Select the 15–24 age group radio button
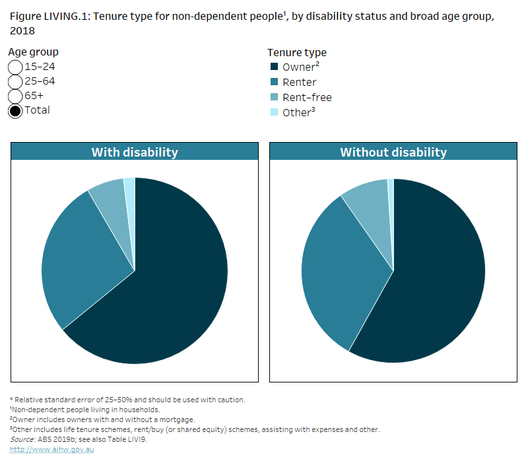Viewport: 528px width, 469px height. pyautogui.click(x=15, y=67)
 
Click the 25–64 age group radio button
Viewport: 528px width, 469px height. pyautogui.click(x=15, y=81)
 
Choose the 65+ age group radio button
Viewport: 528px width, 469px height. pyautogui.click(x=15, y=96)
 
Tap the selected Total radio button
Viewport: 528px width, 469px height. pyautogui.click(x=15, y=110)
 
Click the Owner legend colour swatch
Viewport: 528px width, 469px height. pyautogui.click(x=274, y=67)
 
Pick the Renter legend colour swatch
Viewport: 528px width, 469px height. pyautogui.click(x=274, y=82)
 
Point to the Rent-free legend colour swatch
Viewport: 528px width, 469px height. pyautogui.click(x=274, y=97)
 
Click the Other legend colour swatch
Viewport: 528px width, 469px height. pyautogui.click(x=274, y=112)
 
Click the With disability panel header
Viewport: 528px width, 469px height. pyautogui.click(x=135, y=152)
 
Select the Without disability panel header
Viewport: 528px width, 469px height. pyautogui.click(x=393, y=152)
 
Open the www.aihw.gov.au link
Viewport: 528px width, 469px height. pyautogui.click(x=52, y=449)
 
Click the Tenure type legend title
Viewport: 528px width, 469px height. pyautogui.click(x=296, y=52)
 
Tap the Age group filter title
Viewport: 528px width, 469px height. pyautogui.click(x=34, y=52)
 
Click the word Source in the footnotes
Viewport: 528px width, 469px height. pyautogui.click(x=22, y=439)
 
